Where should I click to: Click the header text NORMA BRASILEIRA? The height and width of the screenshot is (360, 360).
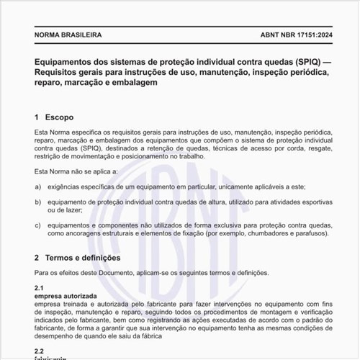[68, 35]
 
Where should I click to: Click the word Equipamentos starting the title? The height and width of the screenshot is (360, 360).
[67, 61]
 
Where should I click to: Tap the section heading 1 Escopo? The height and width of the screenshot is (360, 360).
[54, 117]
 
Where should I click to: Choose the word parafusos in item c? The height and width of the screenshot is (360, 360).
[310, 234]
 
